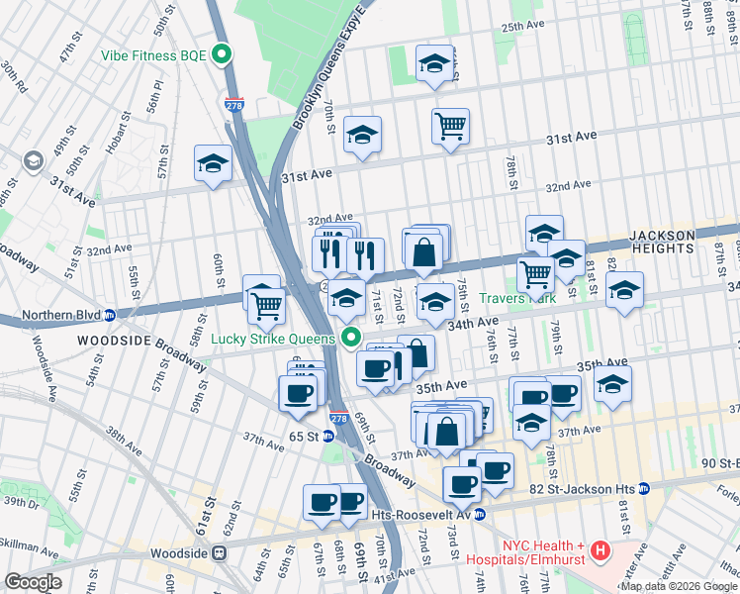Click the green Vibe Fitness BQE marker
click(224, 54)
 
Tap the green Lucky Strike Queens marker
click(351, 339)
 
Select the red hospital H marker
click(599, 549)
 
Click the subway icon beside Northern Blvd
click(110, 316)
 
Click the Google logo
click(33, 582)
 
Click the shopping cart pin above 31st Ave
click(450, 126)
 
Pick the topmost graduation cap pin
click(433, 64)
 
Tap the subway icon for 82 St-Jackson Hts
click(644, 488)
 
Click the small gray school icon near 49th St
click(34, 159)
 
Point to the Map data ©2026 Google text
click(679, 586)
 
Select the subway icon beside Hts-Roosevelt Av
click(480, 514)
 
